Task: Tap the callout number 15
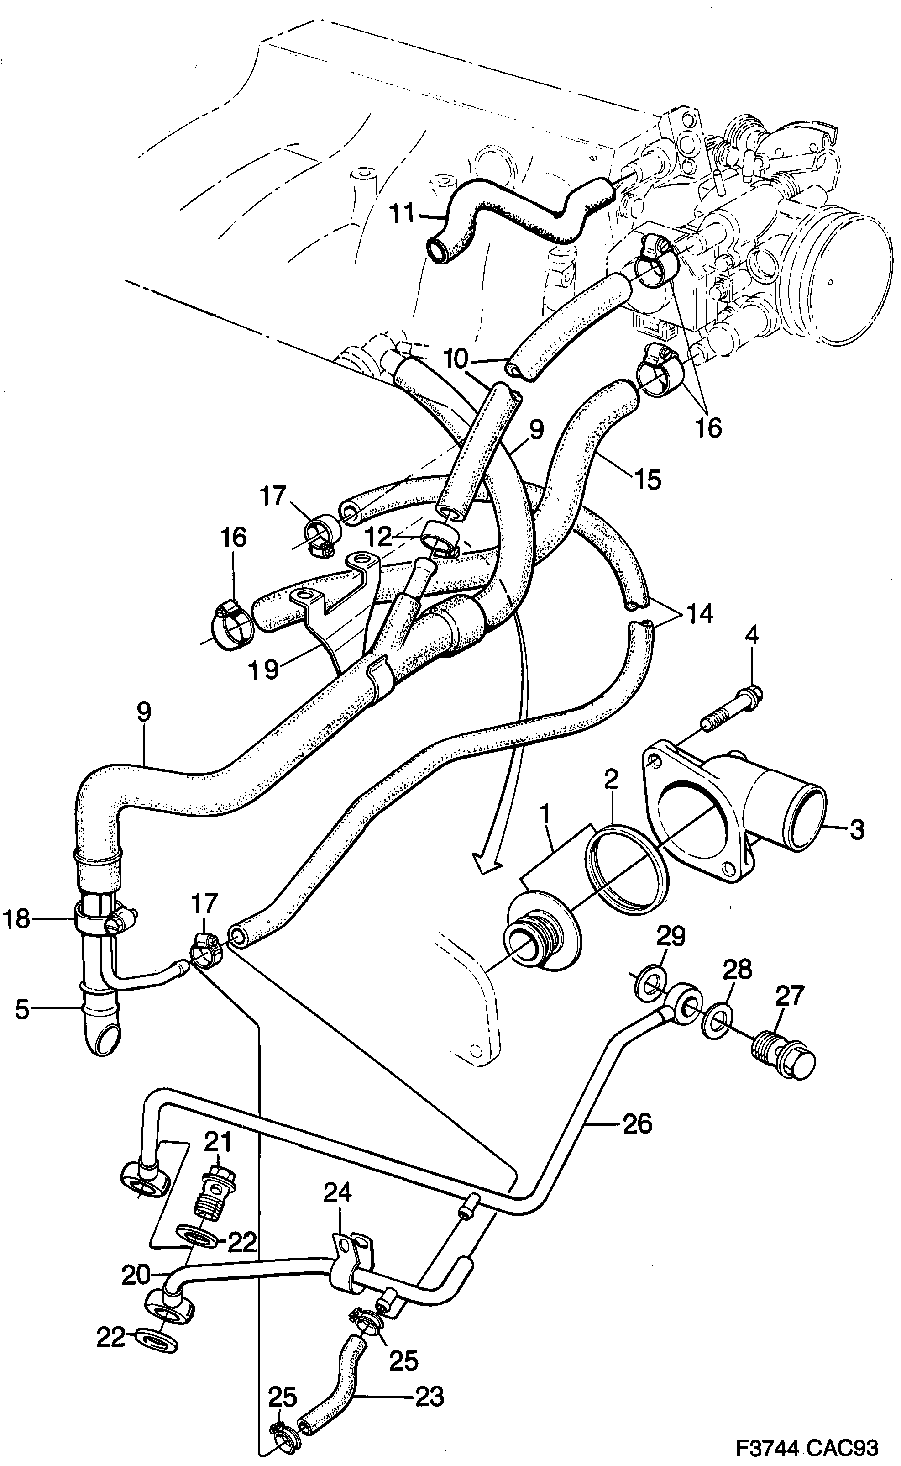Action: coord(648,480)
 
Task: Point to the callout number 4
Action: coord(753,636)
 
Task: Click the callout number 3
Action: coord(857,829)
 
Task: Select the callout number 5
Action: coord(21,1010)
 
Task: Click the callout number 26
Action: coord(637,1124)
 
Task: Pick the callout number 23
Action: coord(430,1397)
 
